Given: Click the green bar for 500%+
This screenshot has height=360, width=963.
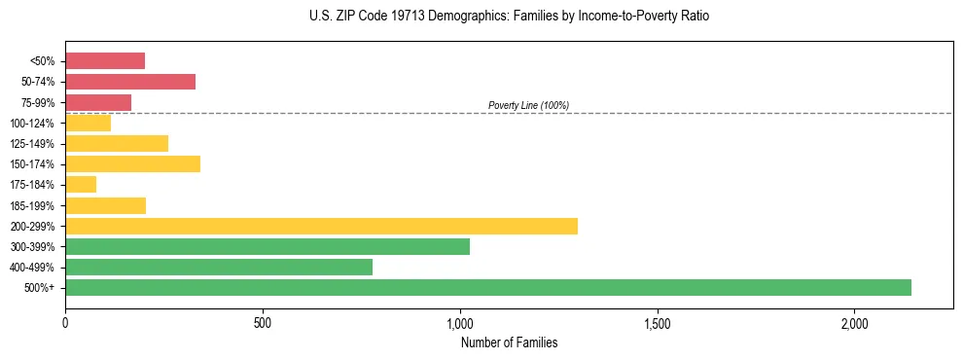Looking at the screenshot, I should [x=488, y=287].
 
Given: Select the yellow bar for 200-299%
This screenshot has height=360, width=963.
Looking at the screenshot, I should [x=321, y=226].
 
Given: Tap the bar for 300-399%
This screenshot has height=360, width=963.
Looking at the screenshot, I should [x=267, y=246].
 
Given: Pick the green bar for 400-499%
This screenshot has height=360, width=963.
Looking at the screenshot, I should [x=219, y=267].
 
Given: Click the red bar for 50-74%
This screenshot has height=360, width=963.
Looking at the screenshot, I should [x=130, y=82].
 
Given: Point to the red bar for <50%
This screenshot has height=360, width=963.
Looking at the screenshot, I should [x=105, y=61].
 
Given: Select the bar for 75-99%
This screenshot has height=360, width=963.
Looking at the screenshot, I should [x=98, y=102].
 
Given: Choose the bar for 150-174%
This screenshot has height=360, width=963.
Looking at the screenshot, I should [x=132, y=163].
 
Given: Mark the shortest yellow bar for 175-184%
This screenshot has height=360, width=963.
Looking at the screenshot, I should [x=81, y=184].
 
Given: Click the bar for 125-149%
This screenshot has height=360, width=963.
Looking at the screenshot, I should [x=117, y=143].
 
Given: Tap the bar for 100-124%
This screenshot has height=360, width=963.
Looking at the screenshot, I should [x=89, y=123].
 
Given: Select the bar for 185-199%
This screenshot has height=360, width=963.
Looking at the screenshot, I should [x=105, y=205].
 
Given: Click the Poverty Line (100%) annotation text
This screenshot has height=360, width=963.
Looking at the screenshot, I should [x=528, y=105].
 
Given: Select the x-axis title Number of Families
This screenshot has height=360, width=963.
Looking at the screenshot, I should [x=509, y=342].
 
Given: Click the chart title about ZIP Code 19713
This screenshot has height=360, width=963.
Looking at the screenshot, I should [x=509, y=17].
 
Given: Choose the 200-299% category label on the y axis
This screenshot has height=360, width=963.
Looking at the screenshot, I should [x=35, y=226].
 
